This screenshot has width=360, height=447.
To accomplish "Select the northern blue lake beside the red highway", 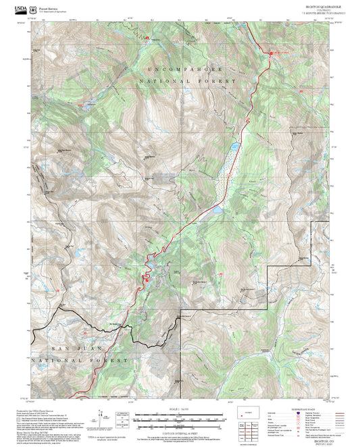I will [x=233, y=146].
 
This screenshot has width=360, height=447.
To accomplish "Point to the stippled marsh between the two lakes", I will [x=223, y=176].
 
